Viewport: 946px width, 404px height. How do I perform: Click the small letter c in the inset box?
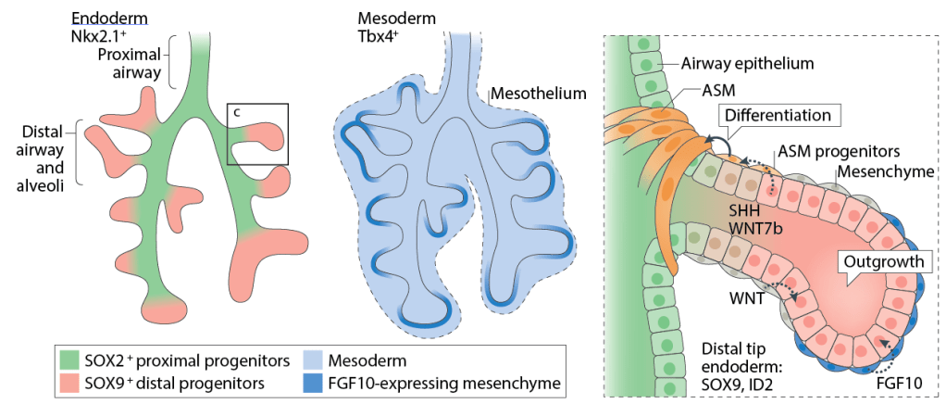238,113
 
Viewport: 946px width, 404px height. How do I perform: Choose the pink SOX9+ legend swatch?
68,382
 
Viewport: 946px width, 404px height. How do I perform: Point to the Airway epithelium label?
747,64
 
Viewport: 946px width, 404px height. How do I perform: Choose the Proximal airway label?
130,65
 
